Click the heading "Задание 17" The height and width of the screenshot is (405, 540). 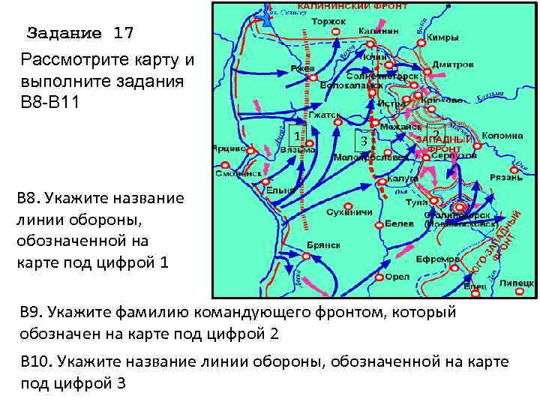tap(80, 34)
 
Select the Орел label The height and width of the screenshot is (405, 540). tap(397, 277)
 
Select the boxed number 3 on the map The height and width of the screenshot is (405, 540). tap(364, 139)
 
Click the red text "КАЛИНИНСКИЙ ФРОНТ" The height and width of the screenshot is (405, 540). tap(352, 6)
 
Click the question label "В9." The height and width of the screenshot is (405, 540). tap(31, 312)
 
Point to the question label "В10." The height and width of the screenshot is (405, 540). tap(34, 362)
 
